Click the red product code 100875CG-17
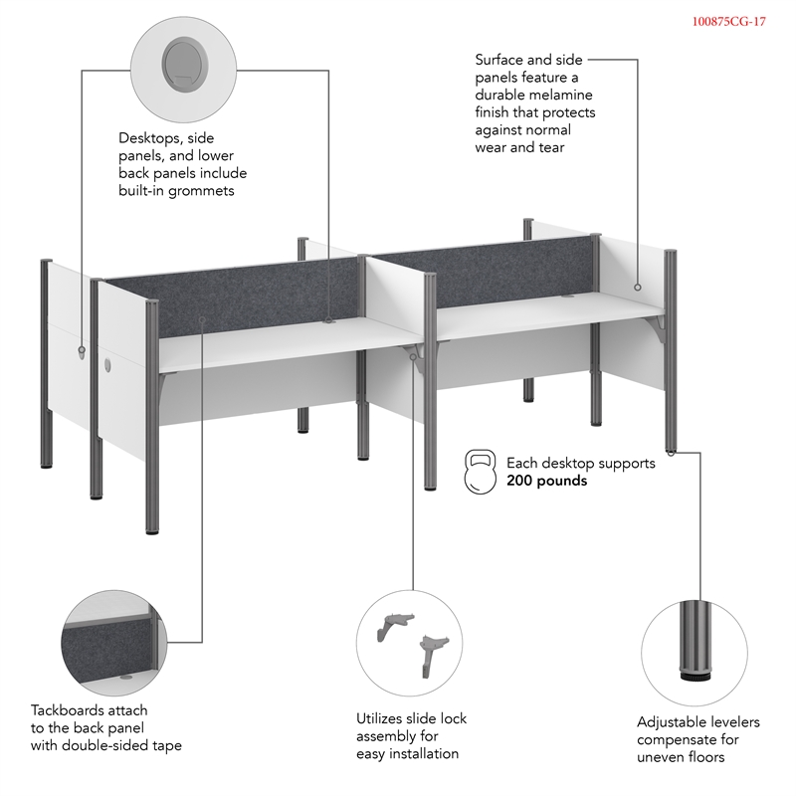pyautogui.click(x=729, y=21)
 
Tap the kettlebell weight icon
pyautogui.click(x=480, y=471)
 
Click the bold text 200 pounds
pyautogui.click(x=546, y=481)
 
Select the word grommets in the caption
pyautogui.click(x=201, y=191)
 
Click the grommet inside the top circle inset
pyautogui.click(x=185, y=65)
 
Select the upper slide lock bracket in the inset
pyautogui.click(x=395, y=626)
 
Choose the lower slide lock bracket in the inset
pyautogui.click(x=433, y=655)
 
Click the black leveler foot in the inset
pyautogui.click(x=694, y=676)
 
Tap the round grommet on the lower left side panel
pyautogui.click(x=107, y=364)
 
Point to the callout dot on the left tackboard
pyautogui.click(x=202, y=319)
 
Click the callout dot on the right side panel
pyautogui.click(x=638, y=288)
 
